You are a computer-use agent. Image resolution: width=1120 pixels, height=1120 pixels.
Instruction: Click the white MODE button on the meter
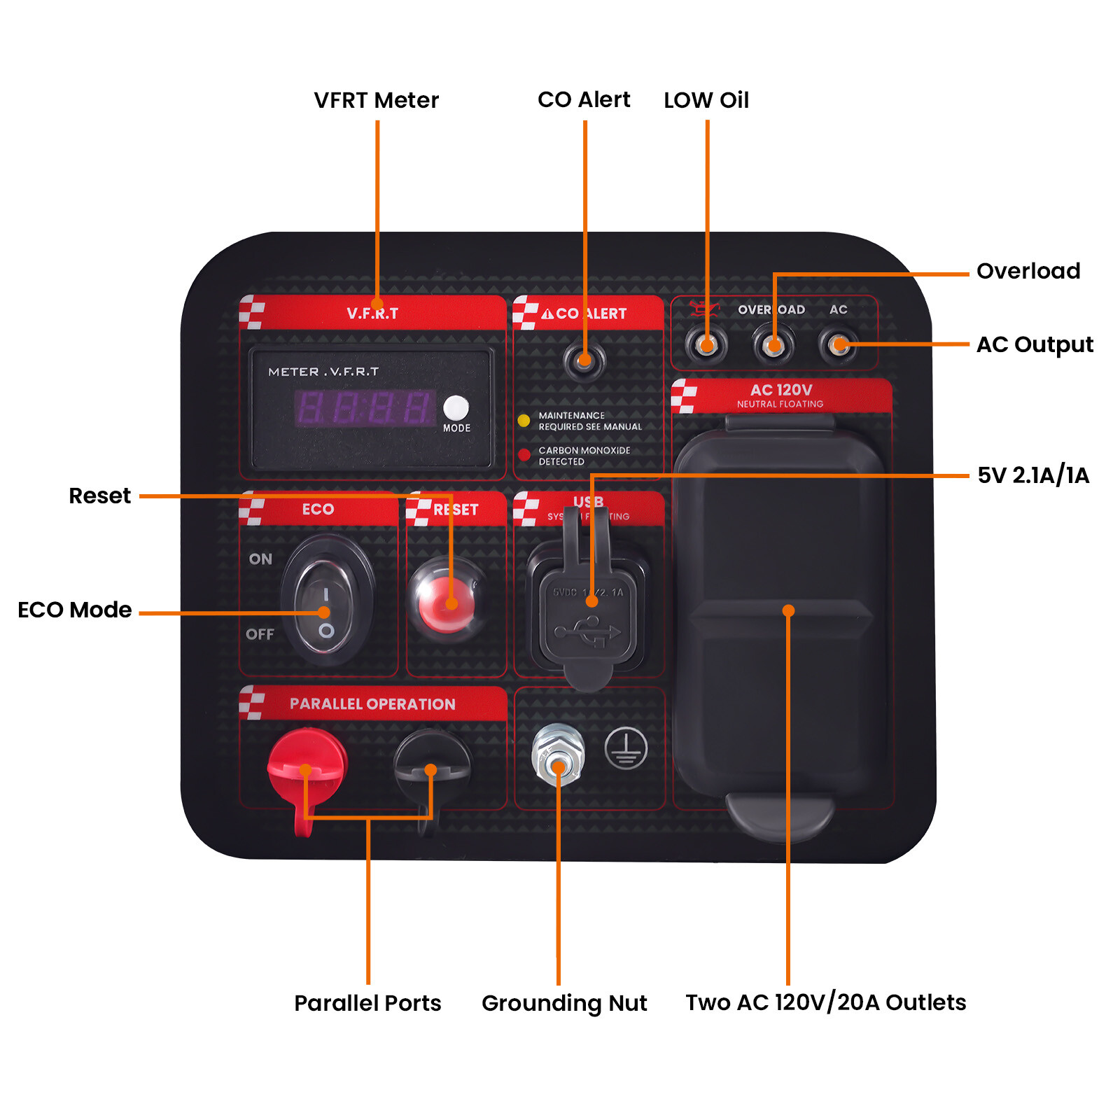(456, 407)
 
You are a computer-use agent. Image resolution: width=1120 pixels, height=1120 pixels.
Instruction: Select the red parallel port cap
(307, 766)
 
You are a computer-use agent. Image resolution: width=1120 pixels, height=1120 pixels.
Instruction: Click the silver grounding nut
(558, 756)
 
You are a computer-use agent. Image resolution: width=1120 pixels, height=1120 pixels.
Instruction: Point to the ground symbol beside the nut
(626, 748)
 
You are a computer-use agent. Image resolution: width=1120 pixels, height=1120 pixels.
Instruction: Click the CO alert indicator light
(584, 360)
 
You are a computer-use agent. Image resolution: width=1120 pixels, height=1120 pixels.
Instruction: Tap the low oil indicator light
(706, 344)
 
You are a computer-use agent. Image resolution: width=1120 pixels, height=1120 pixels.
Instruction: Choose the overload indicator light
(773, 344)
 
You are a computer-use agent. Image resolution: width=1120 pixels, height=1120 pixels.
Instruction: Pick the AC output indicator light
(838, 344)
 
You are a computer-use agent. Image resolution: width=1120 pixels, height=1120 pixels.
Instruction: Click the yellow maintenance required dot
(524, 420)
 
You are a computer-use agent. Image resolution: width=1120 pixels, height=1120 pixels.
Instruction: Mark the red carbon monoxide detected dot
(524, 455)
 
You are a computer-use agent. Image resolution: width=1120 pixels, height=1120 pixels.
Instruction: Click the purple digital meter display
(365, 408)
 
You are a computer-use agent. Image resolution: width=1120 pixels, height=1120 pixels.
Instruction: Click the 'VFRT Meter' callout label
(376, 100)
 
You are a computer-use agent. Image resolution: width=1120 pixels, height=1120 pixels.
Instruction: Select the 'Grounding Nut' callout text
(564, 1003)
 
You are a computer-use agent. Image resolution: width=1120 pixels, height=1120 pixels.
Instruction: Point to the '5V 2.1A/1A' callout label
(1033, 475)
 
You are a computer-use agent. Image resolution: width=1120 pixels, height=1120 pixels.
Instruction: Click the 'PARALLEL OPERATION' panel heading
(372, 704)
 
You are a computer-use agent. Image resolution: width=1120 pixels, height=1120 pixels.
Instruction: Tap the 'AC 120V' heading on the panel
(781, 390)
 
